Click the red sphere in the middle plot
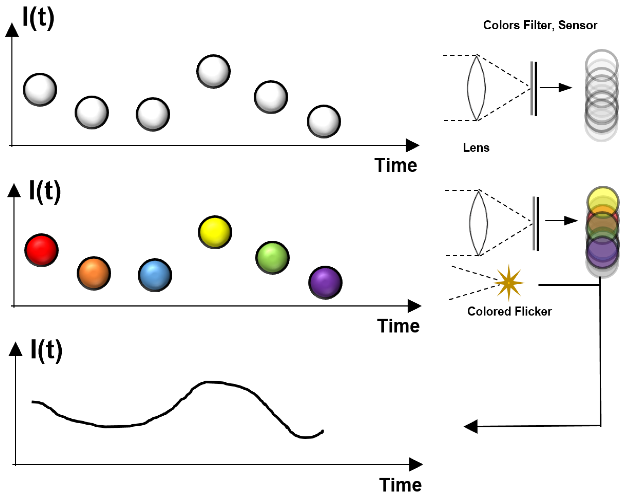pyautogui.click(x=41, y=250)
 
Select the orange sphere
pyautogui.click(x=94, y=273)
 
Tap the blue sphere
pyautogui.click(x=155, y=275)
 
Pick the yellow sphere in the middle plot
pyautogui.click(x=215, y=232)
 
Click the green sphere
pyautogui.click(x=272, y=258)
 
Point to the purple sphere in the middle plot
pyautogui.click(x=325, y=282)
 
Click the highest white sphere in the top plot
pyautogui.click(x=213, y=71)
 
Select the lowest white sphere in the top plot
pyautogui.click(x=324, y=121)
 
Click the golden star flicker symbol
pyautogui.click(x=509, y=282)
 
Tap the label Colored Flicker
pyautogui.click(x=509, y=311)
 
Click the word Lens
pyautogui.click(x=476, y=148)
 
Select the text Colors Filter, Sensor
pyautogui.click(x=540, y=25)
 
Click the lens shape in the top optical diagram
pyautogui.click(x=476, y=88)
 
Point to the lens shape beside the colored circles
pyautogui.click(x=478, y=223)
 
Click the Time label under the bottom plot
pyautogui.click(x=400, y=485)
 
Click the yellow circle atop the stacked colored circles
pyautogui.click(x=603, y=200)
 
